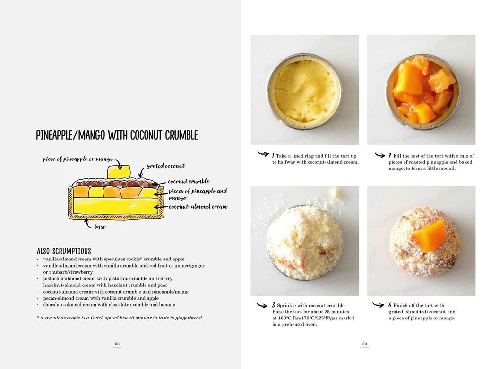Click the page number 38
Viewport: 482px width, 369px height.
pyautogui.click(x=117, y=344)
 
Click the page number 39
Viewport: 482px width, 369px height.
pyautogui.click(x=365, y=344)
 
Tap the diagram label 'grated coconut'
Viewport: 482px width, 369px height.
pyautogui.click(x=166, y=166)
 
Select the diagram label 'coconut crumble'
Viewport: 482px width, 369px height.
pyautogui.click(x=189, y=181)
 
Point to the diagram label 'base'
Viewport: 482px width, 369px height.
pyautogui.click(x=100, y=227)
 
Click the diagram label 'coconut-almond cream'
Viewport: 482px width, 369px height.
pyautogui.click(x=198, y=207)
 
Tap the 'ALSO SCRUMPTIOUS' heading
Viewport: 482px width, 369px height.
pyautogui.click(x=64, y=251)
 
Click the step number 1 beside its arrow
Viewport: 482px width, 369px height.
pyautogui.click(x=273, y=155)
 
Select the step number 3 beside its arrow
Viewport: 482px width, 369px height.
pyautogui.click(x=273, y=305)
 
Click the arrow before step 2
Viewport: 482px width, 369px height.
pyautogui.click(x=380, y=155)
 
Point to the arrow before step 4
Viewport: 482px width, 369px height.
pyautogui.click(x=378, y=304)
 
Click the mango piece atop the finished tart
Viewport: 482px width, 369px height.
pyautogui.click(x=430, y=235)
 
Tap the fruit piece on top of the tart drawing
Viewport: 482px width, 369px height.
pyautogui.click(x=119, y=171)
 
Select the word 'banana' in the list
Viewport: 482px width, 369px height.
pyautogui.click(x=167, y=304)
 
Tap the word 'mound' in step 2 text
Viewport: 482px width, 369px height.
pyautogui.click(x=448, y=168)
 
